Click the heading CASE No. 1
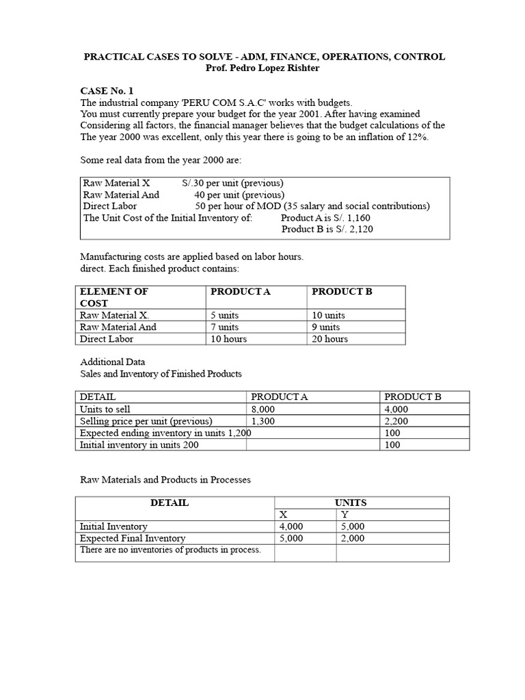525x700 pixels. (107, 90)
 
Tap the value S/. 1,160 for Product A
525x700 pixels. (347, 218)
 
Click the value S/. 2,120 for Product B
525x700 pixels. (347, 229)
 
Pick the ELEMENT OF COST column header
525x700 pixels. (113, 297)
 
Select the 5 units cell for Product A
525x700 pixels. (228, 315)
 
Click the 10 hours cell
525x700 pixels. (229, 338)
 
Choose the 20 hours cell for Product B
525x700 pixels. (329, 338)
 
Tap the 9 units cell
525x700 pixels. (325, 327)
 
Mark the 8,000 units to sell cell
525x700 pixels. (263, 409)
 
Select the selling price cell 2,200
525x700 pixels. (396, 421)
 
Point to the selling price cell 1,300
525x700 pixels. (263, 421)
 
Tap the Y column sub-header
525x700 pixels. (345, 515)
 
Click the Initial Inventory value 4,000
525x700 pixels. (292, 526)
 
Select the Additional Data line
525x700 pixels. (112, 362)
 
